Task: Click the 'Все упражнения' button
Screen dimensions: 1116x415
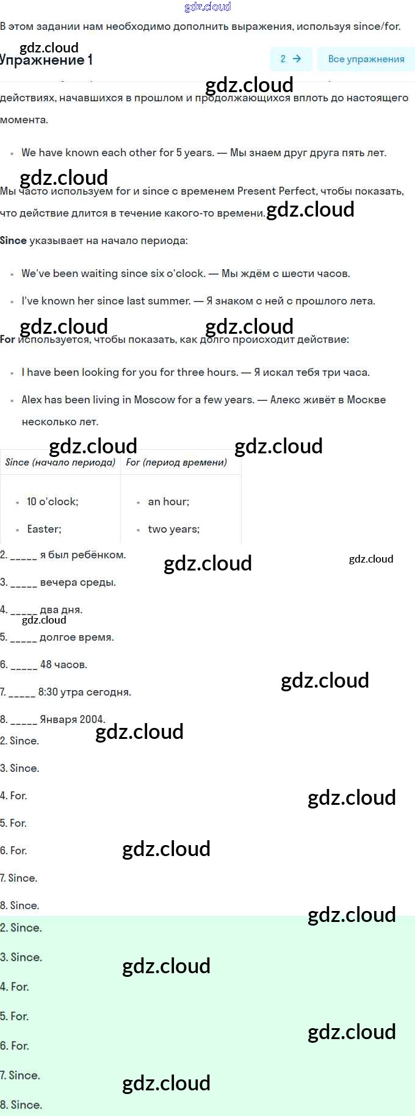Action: pyautogui.click(x=366, y=59)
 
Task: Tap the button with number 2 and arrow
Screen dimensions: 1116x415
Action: pyautogui.click(x=290, y=59)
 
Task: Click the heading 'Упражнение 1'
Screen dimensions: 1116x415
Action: pyautogui.click(x=46, y=60)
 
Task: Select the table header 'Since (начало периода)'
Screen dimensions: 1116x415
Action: pyautogui.click(x=60, y=463)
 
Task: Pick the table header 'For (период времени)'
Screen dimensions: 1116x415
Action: pyautogui.click(x=176, y=463)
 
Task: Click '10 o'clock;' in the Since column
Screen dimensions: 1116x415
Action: pyautogui.click(x=52, y=502)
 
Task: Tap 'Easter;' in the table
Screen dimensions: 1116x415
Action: pyautogui.click(x=44, y=529)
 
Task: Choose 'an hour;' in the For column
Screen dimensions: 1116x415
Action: pyautogui.click(x=168, y=502)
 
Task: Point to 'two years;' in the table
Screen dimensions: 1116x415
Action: pyautogui.click(x=173, y=529)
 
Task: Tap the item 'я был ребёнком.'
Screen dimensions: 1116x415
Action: pyautogui.click(x=63, y=555)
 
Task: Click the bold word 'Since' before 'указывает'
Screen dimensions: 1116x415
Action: pyautogui.click(x=13, y=240)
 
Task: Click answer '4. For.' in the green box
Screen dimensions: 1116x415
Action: pyautogui.click(x=15, y=987)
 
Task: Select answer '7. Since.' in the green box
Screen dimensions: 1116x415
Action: pyautogui.click(x=20, y=1075)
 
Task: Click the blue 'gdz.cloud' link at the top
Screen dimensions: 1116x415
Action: pyautogui.click(x=208, y=7)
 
